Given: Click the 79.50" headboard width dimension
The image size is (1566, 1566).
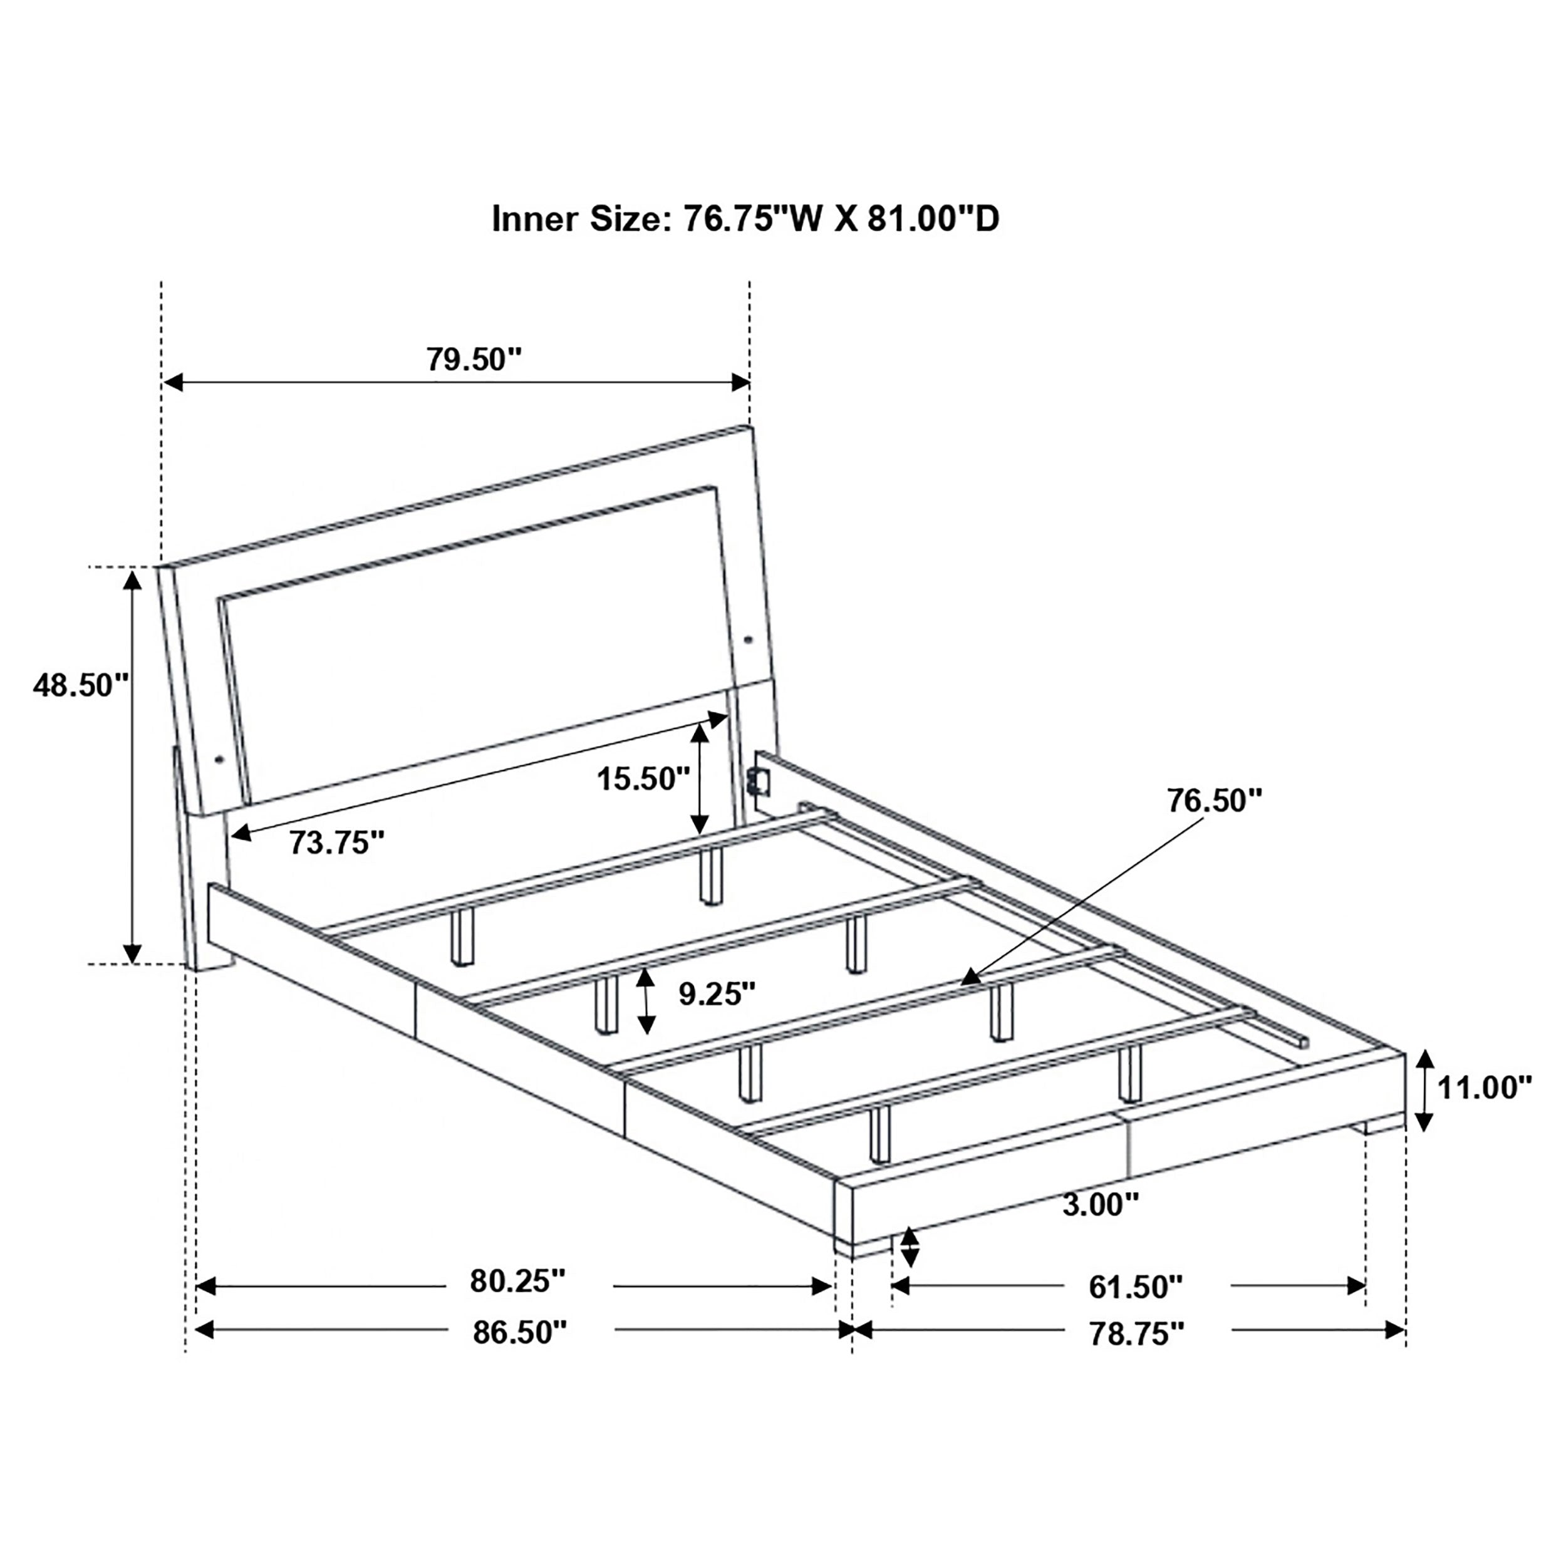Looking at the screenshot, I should click(474, 358).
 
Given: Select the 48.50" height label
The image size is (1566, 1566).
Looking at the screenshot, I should click(80, 686).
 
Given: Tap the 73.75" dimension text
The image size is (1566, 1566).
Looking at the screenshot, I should click(336, 844).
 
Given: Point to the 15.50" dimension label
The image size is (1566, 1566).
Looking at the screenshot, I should click(643, 779).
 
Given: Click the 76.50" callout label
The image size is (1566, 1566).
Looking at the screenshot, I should click(1214, 800).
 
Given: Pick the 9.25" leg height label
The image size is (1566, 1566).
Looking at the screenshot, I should click(717, 993).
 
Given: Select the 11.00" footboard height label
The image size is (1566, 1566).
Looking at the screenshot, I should click(1484, 1088).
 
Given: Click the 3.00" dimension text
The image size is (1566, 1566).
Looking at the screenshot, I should click(1100, 1228).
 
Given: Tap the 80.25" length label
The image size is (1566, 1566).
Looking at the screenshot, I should click(517, 1282).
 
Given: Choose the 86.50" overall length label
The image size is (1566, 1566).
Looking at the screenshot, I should click(519, 1332).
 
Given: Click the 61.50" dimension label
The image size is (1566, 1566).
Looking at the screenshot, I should click(1135, 1287).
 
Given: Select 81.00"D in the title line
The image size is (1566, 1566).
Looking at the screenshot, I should click(933, 219).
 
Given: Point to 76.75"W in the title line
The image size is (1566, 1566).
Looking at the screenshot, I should click(754, 219).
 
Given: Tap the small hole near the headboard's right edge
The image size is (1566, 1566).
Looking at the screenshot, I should click(747, 640).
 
